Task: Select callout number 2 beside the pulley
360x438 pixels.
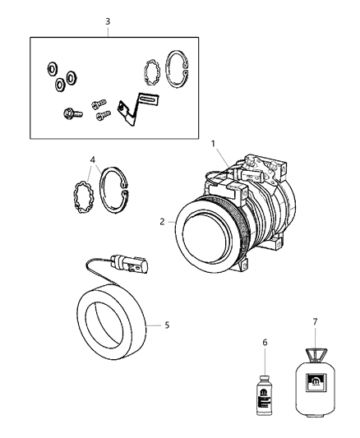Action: [163, 221]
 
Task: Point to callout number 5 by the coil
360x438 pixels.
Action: [167, 325]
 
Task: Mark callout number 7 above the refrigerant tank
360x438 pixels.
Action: [314, 321]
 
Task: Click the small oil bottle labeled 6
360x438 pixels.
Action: [265, 383]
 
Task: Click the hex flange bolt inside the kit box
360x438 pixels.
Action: [67, 114]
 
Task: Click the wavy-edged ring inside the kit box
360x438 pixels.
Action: [150, 72]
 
